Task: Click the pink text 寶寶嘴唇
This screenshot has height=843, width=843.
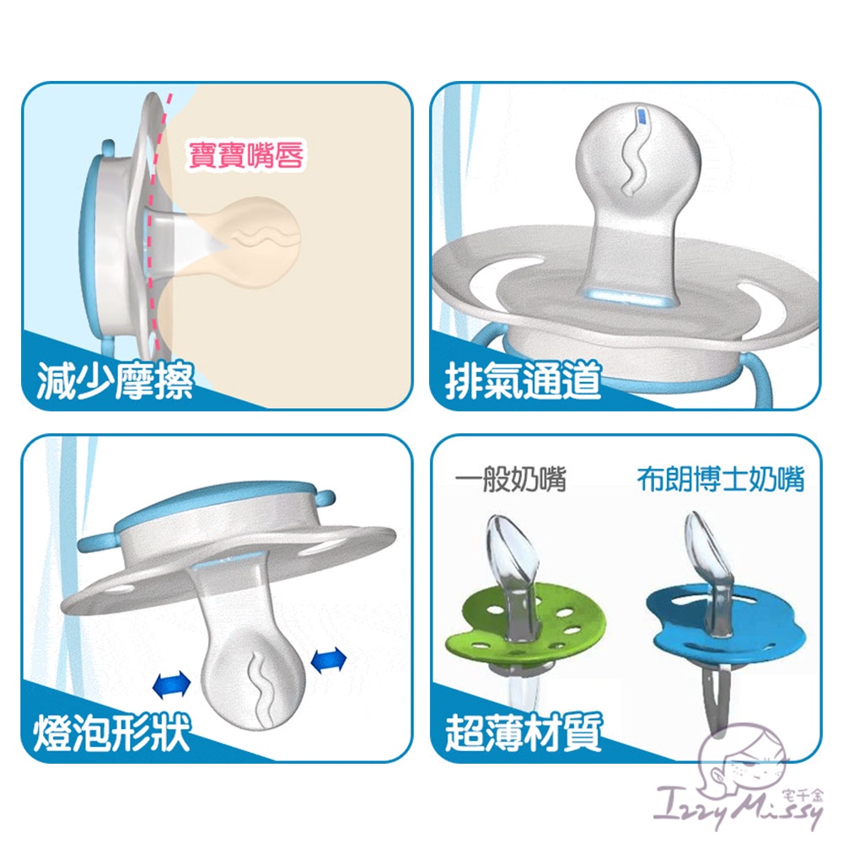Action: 246,155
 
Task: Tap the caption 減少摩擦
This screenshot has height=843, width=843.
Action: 115,381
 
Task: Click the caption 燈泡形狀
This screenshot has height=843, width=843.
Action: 112,733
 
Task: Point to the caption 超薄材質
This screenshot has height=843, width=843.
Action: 524,733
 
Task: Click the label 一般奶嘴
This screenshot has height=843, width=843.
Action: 511,479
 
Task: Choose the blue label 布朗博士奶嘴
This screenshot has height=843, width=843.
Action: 721,479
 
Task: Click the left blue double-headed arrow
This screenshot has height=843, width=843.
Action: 172,685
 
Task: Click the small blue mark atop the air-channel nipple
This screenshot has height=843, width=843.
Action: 642,117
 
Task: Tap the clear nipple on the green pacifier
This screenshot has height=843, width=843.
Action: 513,565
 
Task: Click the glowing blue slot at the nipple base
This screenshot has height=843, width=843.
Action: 631,296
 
